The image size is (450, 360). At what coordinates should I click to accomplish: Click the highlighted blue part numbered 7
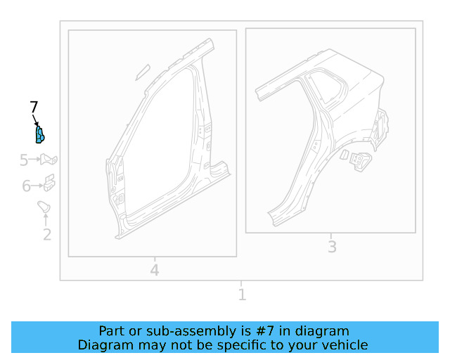click(x=40, y=134)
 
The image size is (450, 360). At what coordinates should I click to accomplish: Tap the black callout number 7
click(x=34, y=107)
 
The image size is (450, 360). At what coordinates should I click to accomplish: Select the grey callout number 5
click(x=24, y=160)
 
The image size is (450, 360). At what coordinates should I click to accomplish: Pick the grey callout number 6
click(x=26, y=186)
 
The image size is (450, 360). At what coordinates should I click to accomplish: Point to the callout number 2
click(x=47, y=235)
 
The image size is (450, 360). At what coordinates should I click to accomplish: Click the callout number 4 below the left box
click(x=155, y=269)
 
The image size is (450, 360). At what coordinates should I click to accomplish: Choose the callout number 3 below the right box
click(x=332, y=246)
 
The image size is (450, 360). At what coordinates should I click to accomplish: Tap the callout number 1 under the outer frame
click(x=242, y=294)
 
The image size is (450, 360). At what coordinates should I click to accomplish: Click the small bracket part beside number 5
click(x=49, y=160)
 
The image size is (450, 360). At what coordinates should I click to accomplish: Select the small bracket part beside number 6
click(x=49, y=184)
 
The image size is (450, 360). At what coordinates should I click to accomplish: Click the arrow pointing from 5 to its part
click(x=35, y=160)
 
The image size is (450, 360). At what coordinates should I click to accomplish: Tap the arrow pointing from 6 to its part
click(x=37, y=186)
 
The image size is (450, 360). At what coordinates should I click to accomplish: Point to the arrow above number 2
click(x=46, y=219)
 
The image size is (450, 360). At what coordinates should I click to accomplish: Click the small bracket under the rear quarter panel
click(x=358, y=160)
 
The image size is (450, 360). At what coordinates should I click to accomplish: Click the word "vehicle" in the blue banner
click(x=344, y=345)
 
